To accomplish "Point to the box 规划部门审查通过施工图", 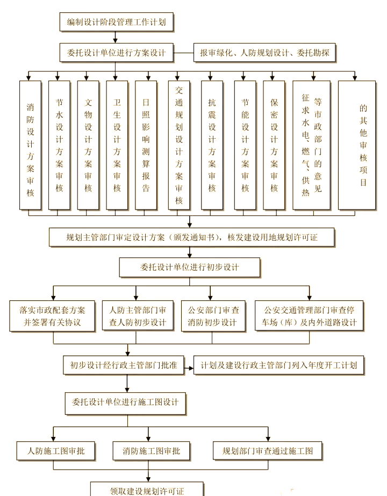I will tap(267, 450).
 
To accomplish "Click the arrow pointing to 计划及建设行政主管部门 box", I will tap(189, 369).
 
